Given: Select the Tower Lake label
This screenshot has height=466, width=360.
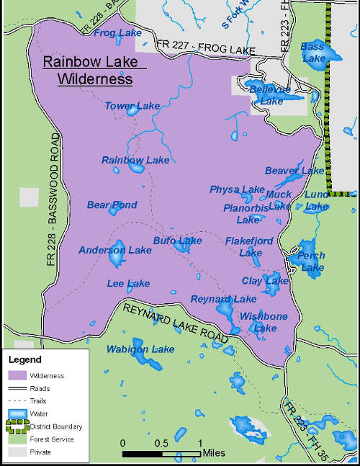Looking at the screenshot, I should [x=132, y=106].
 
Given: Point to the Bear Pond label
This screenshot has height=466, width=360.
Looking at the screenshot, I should [x=112, y=205].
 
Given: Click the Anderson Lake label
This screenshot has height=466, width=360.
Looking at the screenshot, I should [x=115, y=250].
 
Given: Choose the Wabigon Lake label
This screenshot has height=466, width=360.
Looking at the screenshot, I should [x=140, y=349].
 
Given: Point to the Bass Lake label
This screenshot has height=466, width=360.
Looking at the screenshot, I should [x=313, y=52].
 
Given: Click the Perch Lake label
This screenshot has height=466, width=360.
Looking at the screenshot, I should [x=312, y=261].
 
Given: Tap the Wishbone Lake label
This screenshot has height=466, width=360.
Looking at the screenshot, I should [x=264, y=322].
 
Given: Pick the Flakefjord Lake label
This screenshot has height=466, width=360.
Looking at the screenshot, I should [x=249, y=246].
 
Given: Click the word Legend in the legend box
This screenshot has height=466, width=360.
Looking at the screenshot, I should [x=27, y=359].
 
